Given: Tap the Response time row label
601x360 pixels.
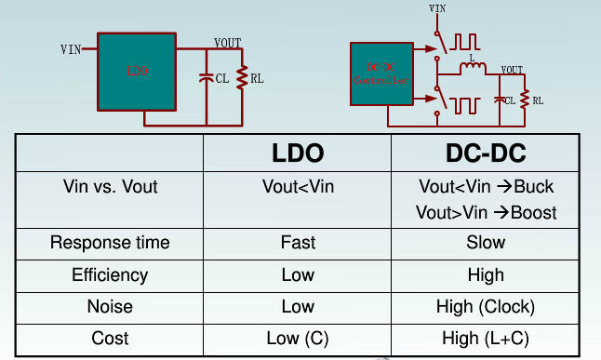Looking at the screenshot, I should (x=110, y=243).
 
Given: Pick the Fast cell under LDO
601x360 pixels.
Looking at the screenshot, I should (x=298, y=243).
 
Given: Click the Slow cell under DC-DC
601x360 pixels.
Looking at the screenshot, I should (x=487, y=243).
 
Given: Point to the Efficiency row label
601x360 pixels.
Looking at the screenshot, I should (x=110, y=274).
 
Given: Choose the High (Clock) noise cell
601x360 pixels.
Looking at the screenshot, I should (x=487, y=306).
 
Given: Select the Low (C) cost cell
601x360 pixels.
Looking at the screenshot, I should (x=298, y=337).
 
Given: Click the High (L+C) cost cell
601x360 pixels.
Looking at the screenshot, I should (x=487, y=337).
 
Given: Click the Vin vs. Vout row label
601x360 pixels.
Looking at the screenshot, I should (x=110, y=186).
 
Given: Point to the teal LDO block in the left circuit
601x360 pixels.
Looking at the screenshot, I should (x=137, y=72).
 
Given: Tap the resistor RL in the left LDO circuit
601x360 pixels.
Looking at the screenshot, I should (x=243, y=80).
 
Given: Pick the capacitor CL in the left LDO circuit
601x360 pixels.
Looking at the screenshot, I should (x=206, y=80).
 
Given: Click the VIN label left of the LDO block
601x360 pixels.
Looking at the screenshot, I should (x=71, y=48).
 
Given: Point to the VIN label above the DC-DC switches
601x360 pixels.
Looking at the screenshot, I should (x=437, y=9).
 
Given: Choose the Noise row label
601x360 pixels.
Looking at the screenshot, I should (x=110, y=306).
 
